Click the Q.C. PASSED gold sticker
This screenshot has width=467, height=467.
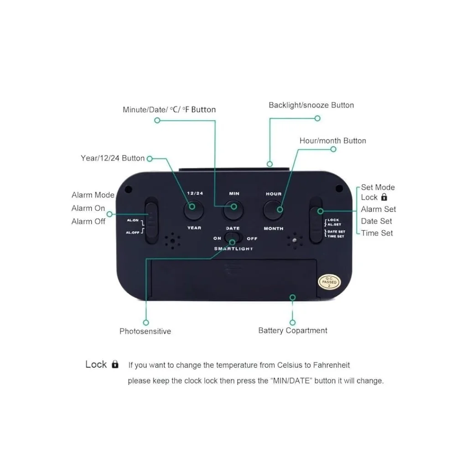(329, 282)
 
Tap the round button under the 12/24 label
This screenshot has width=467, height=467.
(193, 210)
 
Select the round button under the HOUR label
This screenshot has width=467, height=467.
(273, 210)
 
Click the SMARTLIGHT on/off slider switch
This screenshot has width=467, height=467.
(233, 238)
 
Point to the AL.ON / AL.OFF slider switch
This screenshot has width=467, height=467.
(151, 220)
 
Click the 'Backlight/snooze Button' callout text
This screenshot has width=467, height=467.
(311, 105)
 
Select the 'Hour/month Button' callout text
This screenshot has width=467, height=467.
(332, 140)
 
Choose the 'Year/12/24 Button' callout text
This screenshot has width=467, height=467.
(113, 158)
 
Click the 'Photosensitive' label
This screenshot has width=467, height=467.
(145, 331)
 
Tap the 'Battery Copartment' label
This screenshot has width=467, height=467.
(293, 331)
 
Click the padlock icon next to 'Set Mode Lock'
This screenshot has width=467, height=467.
(384, 197)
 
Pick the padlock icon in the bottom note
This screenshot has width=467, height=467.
(115, 364)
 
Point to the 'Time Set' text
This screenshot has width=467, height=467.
(377, 233)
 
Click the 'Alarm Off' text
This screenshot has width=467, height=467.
(88, 222)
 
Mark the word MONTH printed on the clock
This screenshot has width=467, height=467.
(274, 228)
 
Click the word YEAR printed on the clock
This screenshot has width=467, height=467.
(194, 228)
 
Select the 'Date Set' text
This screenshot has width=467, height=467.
(376, 221)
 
